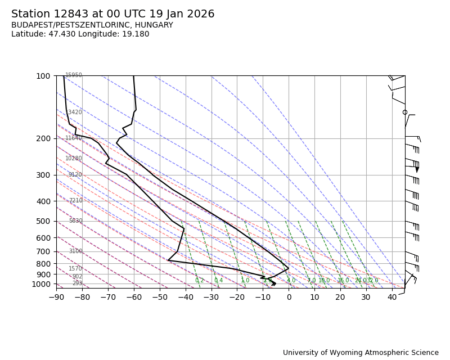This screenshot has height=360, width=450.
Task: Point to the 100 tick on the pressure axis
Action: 43,76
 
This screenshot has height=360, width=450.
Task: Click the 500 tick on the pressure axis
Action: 43,221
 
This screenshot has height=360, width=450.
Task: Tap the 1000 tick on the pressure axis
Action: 40,284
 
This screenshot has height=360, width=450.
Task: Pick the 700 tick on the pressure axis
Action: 43,251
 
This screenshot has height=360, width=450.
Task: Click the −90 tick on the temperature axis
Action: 56,297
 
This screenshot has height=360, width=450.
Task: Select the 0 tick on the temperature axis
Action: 289,297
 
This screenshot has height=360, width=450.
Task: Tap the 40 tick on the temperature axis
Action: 392,297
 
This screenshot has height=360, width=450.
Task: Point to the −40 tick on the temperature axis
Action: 186,297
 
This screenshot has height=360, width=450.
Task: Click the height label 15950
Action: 74,75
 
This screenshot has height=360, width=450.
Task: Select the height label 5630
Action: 75,221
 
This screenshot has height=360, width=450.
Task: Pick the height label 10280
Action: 74,159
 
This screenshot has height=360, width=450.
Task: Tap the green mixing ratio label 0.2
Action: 200,281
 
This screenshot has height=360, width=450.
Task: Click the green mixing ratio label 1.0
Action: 245,281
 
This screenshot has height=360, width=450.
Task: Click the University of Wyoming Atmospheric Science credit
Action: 361,353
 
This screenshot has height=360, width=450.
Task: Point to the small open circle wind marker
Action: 405,112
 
